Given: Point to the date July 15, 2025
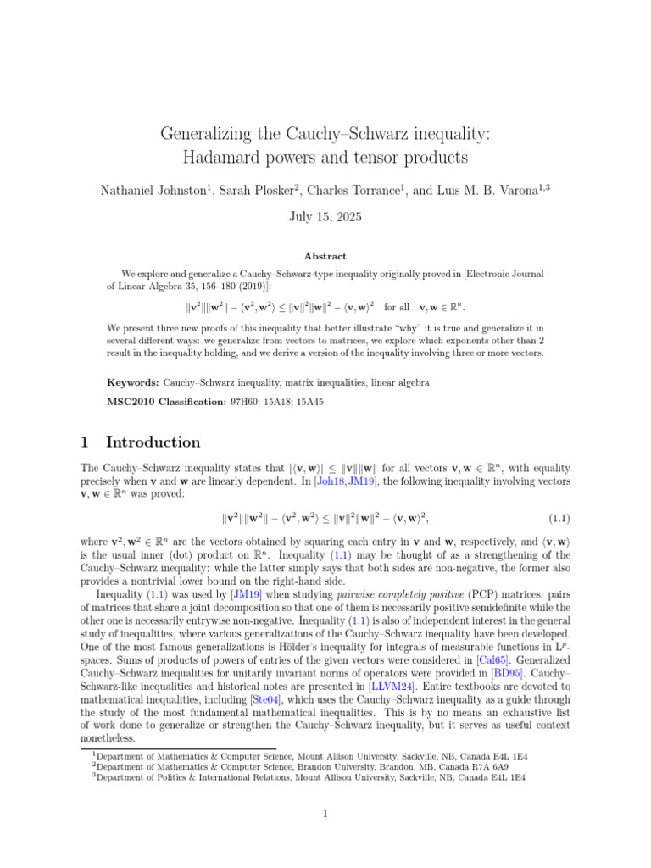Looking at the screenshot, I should point(325,216).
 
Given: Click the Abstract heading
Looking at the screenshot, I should point(325,256).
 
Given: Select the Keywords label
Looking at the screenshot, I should point(132,383).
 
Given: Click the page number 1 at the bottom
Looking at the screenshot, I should point(325,815).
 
